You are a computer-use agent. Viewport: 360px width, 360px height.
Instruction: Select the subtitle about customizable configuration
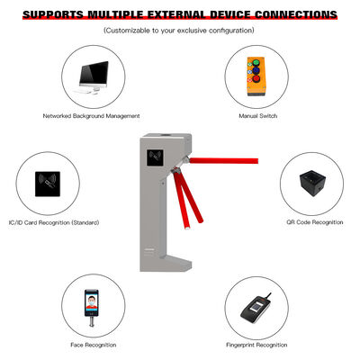coord(179,31)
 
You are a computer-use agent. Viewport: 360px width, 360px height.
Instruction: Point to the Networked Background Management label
coord(91,116)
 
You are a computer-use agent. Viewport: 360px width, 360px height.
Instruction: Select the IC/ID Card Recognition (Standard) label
coord(59,222)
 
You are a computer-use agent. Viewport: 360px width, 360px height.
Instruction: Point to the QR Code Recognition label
coord(315,222)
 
